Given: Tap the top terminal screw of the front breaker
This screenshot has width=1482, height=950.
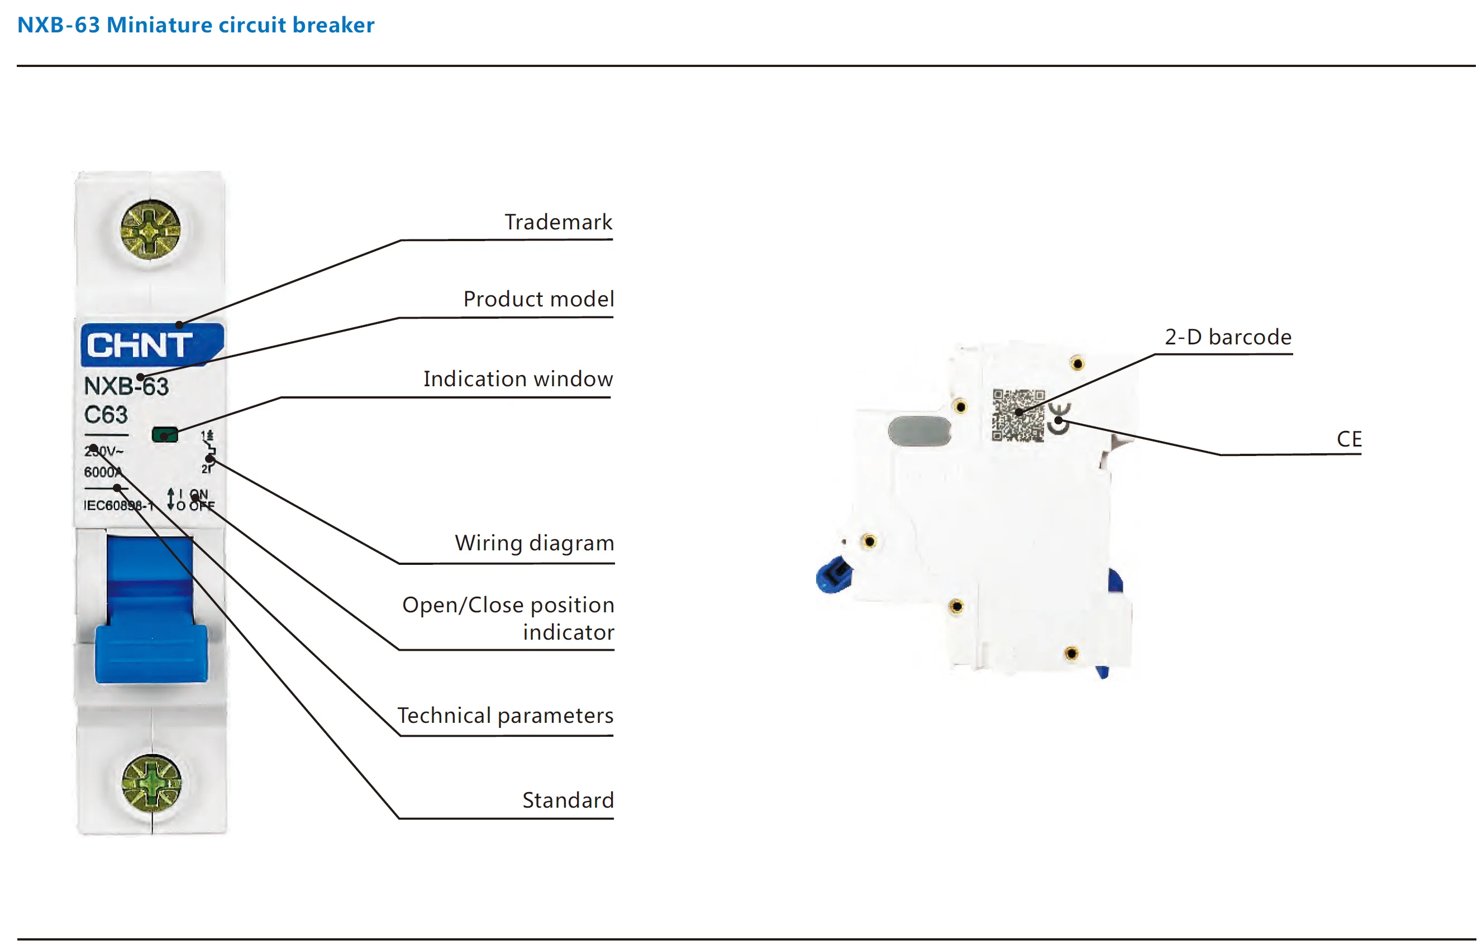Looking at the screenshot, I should [x=150, y=229].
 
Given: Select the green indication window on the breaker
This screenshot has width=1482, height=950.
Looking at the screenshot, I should [x=165, y=435].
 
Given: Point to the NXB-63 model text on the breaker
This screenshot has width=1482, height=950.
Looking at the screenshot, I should [x=126, y=386].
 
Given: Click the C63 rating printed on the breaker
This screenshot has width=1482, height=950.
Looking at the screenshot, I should [x=106, y=415].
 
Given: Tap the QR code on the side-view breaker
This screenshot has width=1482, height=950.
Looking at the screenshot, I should [x=1018, y=415].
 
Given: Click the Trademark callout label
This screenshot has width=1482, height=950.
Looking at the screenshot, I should [x=558, y=222].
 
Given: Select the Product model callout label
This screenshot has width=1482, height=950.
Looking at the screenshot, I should [x=539, y=299].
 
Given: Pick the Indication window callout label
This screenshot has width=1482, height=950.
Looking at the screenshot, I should [x=518, y=379].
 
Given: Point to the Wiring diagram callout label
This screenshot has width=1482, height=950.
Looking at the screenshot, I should [x=535, y=543].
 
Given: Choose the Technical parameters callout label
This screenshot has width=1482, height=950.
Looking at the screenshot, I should [x=505, y=716].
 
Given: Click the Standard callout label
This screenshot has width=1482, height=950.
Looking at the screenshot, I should [x=568, y=800].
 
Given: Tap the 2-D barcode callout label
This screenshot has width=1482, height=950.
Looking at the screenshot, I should [x=1228, y=337].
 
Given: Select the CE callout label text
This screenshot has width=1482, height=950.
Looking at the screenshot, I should [x=1348, y=439].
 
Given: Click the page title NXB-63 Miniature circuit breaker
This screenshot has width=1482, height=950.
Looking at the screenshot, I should [x=196, y=25].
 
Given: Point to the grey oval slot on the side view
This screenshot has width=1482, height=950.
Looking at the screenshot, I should [x=919, y=430].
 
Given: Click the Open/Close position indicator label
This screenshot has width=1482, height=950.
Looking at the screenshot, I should [x=508, y=618].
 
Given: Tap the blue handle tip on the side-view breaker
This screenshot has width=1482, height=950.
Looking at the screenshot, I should [x=834, y=575].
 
